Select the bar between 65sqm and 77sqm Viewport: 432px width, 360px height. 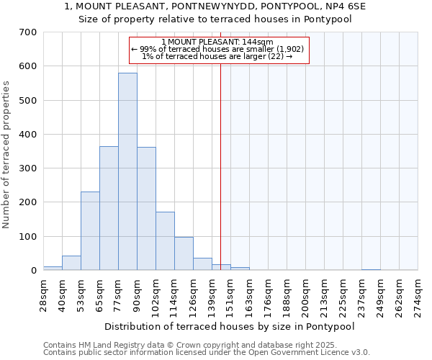(109, 209)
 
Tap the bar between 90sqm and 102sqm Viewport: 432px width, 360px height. (146, 209)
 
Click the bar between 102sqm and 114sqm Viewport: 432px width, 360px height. (165, 241)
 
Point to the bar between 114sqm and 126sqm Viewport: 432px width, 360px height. (184, 253)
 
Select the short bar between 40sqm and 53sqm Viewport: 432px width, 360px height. (71, 263)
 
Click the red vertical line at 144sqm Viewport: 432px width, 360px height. (220, 166)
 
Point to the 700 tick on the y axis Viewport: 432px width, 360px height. (28, 32)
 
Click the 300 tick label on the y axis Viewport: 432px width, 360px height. (28, 168)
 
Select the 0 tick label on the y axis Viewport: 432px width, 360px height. (33, 271)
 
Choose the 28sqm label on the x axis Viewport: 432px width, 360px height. (44, 293)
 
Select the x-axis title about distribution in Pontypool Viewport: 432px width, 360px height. (230, 325)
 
